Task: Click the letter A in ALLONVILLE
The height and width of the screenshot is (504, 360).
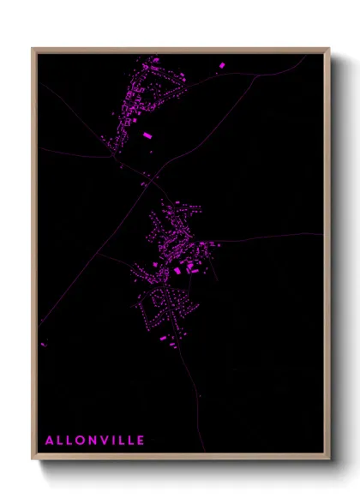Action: tap(49, 441)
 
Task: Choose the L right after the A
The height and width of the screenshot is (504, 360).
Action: tap(60, 441)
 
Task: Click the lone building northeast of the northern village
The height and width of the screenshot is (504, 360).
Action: tap(222, 65)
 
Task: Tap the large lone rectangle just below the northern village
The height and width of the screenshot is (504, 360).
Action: tap(147, 135)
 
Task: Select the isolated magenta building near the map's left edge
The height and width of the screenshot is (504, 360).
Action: tap(43, 345)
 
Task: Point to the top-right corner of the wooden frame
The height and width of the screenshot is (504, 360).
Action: tap(328, 49)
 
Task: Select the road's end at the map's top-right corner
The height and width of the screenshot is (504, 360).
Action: tap(305, 56)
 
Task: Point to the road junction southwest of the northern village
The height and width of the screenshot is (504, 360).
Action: tap(114, 157)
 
